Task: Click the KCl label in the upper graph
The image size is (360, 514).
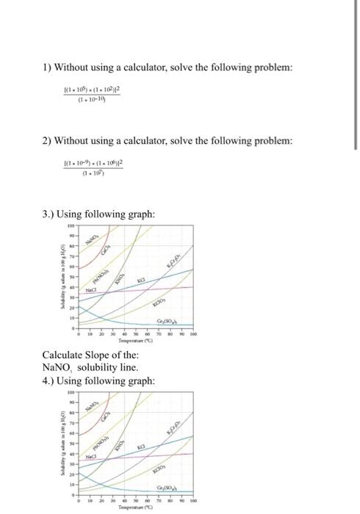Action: [x=142, y=281]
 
